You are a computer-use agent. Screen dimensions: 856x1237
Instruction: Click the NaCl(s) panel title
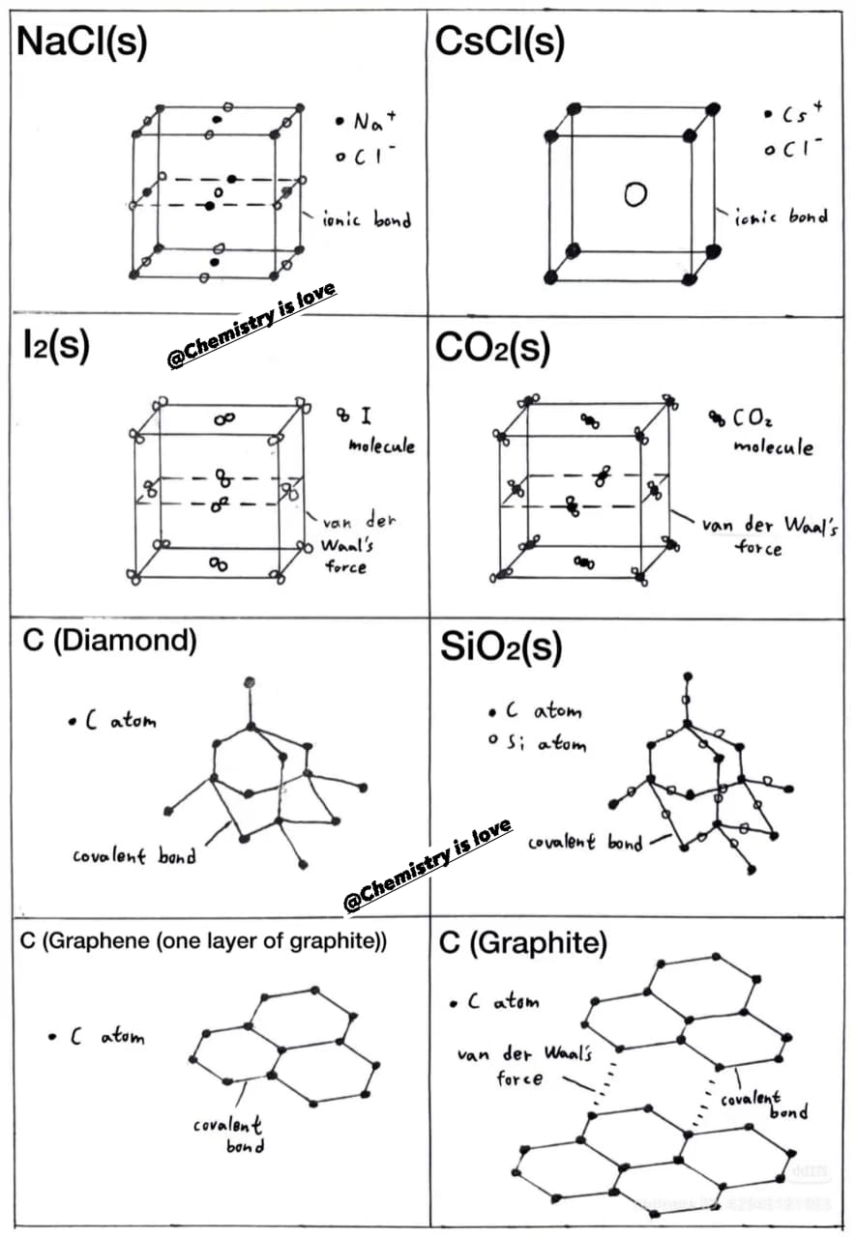pos(82,42)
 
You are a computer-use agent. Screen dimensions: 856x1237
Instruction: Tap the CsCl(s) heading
pos(500,42)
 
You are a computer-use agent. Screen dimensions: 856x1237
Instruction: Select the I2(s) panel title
pos(56,345)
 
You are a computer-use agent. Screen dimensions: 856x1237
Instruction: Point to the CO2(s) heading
pos(492,349)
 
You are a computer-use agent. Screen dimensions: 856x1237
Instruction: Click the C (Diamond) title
pos(109,641)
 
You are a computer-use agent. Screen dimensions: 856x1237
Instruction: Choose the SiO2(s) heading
pos(501,647)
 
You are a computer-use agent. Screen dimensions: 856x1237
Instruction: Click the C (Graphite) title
pos(522,942)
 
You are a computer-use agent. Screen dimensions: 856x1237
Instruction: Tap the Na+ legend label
pos(367,121)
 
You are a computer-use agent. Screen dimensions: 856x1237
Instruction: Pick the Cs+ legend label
pos(794,113)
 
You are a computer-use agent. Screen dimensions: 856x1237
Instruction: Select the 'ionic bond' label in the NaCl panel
pos(367,219)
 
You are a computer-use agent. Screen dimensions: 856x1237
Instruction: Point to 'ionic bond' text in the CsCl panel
pos(781,217)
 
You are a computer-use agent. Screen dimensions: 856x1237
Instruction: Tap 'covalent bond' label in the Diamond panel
pos(134,855)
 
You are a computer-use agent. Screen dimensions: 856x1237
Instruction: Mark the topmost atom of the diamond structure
pos(250,682)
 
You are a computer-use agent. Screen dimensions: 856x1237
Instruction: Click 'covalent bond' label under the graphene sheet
pos(227,1135)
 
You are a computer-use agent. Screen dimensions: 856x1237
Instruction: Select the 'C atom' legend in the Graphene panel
pos(97,1037)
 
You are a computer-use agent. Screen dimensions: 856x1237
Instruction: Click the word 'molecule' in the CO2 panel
pos(773,446)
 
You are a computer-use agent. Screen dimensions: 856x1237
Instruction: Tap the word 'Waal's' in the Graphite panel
pos(568,1052)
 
